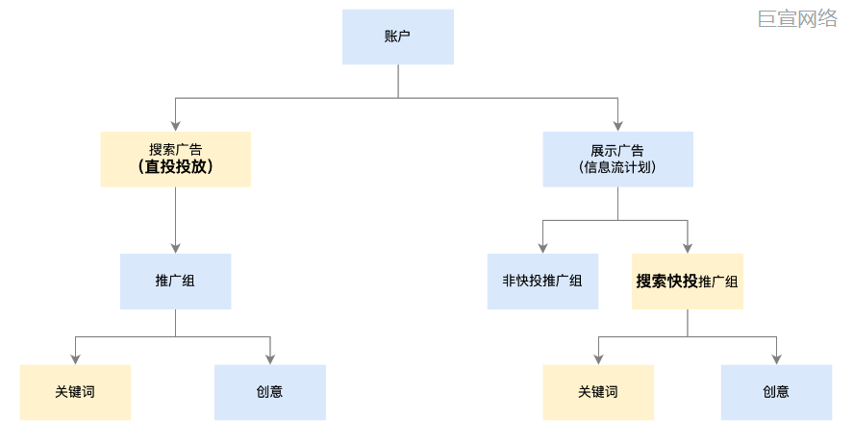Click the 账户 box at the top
tap(397, 37)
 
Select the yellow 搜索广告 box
tap(175, 159)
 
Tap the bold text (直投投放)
tap(175, 166)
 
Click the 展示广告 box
tap(617, 159)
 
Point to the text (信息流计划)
tap(617, 167)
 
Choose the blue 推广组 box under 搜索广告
tap(175, 281)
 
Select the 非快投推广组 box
tap(542, 281)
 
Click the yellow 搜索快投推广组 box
tap(687, 281)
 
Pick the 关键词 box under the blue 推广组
tap(75, 392)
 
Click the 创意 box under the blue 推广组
tap(269, 392)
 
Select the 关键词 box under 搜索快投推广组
tap(598, 392)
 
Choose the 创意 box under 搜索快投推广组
tap(776, 392)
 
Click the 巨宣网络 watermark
tap(797, 18)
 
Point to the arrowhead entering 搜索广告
tap(175, 126)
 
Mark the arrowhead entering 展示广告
tap(617, 126)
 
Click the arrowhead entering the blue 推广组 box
tap(175, 248)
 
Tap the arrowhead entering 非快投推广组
tap(542, 248)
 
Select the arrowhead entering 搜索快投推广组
tap(687, 248)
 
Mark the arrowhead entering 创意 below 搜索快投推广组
tap(776, 359)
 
